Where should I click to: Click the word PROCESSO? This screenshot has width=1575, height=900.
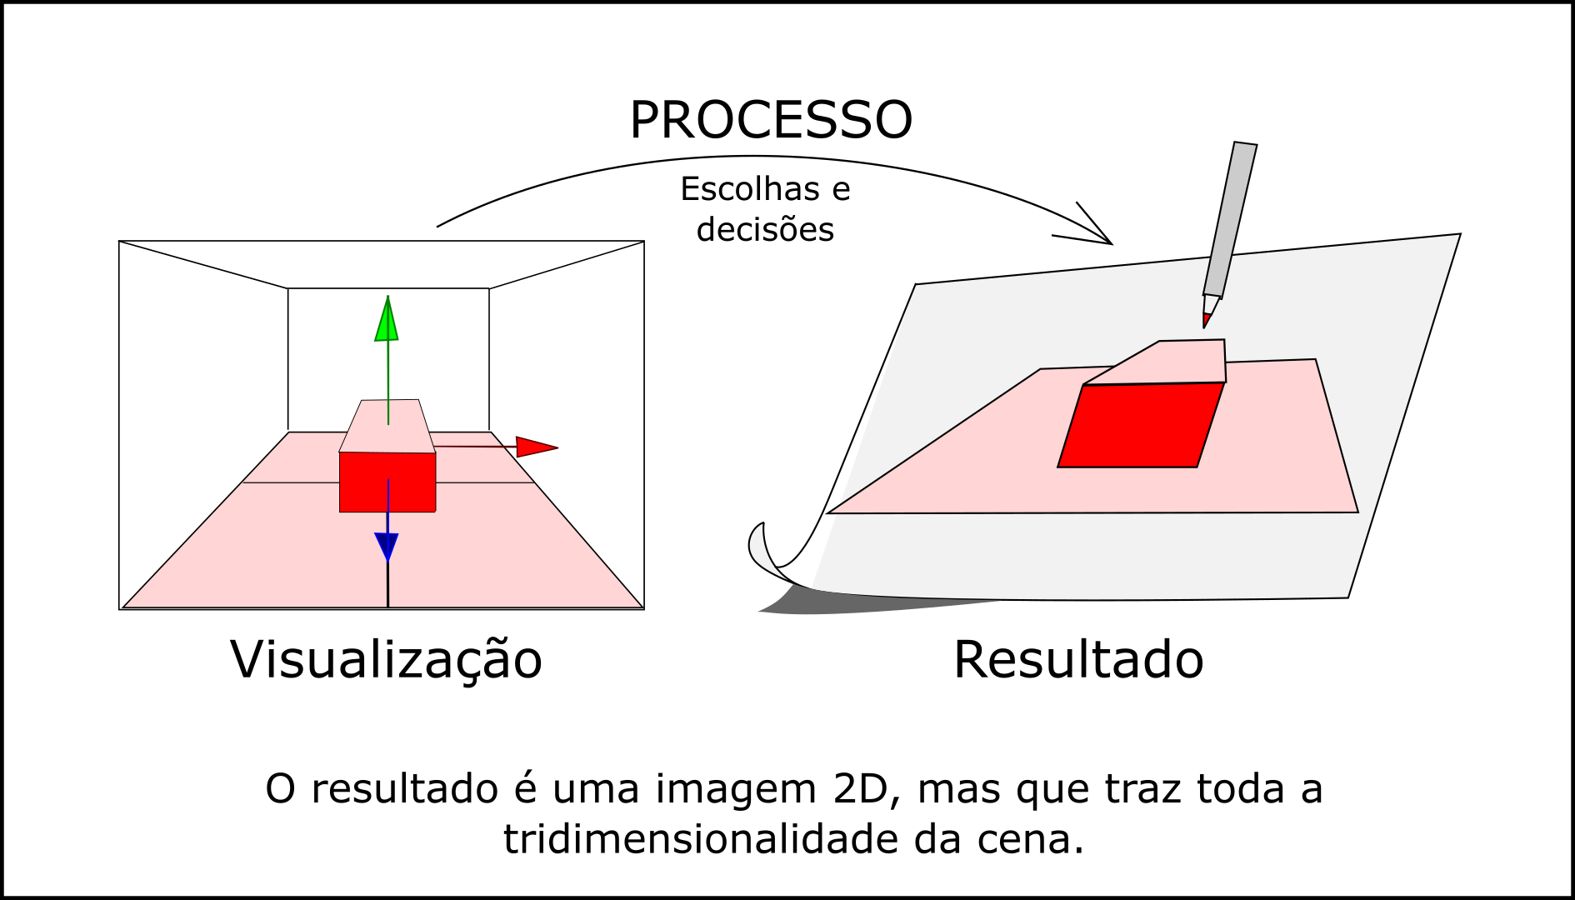coord(771,120)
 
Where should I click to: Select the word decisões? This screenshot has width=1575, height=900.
coord(765,229)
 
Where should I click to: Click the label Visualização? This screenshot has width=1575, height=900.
coord(386,660)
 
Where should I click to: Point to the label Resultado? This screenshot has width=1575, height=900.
coord(1078,660)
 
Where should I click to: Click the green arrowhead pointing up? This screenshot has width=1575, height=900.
coord(387,321)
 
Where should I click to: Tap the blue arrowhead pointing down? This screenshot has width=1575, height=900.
coord(387,547)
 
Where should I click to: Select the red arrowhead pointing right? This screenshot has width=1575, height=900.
coord(535,447)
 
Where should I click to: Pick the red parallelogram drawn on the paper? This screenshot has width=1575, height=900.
coord(1140,425)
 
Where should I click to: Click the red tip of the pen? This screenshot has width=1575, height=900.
coord(1206,320)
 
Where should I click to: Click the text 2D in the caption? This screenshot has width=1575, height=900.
coord(861,789)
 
